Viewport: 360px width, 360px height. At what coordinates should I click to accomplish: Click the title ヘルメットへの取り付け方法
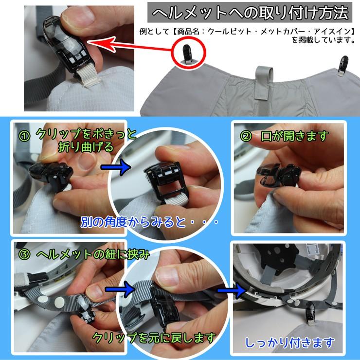pyautogui.click(x=250, y=12)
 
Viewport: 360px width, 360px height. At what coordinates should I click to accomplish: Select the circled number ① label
pyautogui.click(x=24, y=136)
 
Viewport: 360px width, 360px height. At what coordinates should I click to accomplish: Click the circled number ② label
pyautogui.click(x=246, y=136)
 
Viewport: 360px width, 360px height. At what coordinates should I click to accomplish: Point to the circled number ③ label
pyautogui.click(x=24, y=254)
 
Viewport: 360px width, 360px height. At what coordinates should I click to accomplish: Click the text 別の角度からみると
pyautogui.click(x=133, y=222)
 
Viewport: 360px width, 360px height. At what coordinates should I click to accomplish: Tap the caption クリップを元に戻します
pyautogui.click(x=154, y=338)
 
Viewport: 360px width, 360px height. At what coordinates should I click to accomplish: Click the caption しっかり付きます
pyautogui.click(x=289, y=343)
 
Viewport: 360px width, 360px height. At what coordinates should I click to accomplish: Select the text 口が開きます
pyautogui.click(x=294, y=136)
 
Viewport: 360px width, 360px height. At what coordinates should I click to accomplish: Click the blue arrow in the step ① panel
pyautogui.click(x=116, y=167)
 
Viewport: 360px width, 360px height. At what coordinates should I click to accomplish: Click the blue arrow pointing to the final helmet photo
pyautogui.click(x=232, y=290)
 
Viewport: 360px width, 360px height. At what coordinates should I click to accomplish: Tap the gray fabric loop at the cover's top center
pyautogui.click(x=264, y=83)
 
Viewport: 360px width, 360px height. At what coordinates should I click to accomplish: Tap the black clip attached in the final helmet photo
pyautogui.click(x=310, y=313)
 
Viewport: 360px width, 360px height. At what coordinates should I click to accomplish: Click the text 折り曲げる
pyautogui.click(x=86, y=147)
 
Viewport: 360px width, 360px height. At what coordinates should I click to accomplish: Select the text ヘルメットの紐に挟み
pyautogui.click(x=93, y=254)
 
